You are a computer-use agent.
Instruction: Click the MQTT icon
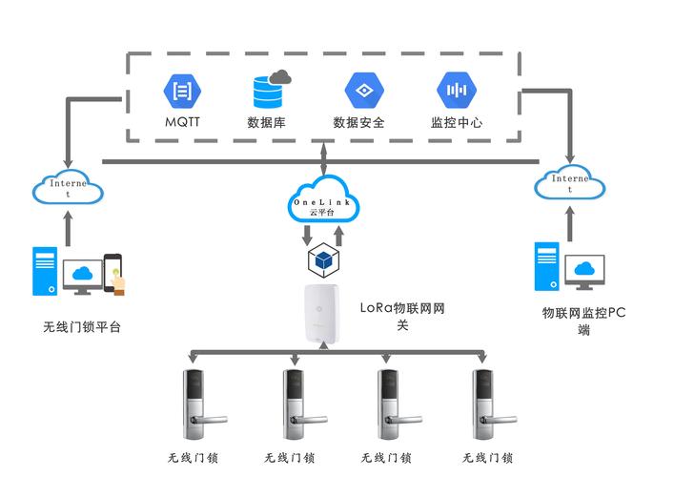[x=181, y=92]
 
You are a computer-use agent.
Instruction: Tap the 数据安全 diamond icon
[x=362, y=92]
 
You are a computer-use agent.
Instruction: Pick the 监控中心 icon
[x=456, y=91]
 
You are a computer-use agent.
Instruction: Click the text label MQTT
[x=182, y=123]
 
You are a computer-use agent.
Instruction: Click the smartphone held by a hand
[x=113, y=273]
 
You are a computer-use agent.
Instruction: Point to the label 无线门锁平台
[x=83, y=328]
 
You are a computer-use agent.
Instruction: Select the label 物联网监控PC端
[x=583, y=321]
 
